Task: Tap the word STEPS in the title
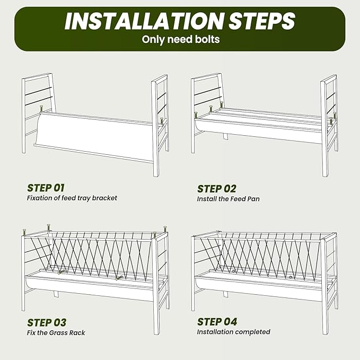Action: coord(262,21)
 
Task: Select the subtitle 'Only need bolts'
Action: coord(181,39)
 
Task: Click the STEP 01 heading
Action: coord(46,188)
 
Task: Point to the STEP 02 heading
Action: coord(217,189)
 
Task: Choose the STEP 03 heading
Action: coord(47,322)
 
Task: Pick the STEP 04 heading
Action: coord(217,322)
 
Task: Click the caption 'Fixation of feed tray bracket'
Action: coord(72,198)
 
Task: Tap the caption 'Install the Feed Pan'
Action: coord(228,199)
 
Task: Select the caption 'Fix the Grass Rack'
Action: coord(56,332)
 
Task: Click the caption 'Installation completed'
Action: coord(233,332)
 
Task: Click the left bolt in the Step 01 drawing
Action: coord(41,108)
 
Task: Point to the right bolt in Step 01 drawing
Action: coord(162,121)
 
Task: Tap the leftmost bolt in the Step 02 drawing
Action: coord(196,115)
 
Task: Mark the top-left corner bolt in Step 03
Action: coord(24,232)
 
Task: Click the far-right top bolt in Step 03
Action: coord(165,230)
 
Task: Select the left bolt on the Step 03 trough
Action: coord(60,273)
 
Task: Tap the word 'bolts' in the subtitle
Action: coord(207,39)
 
